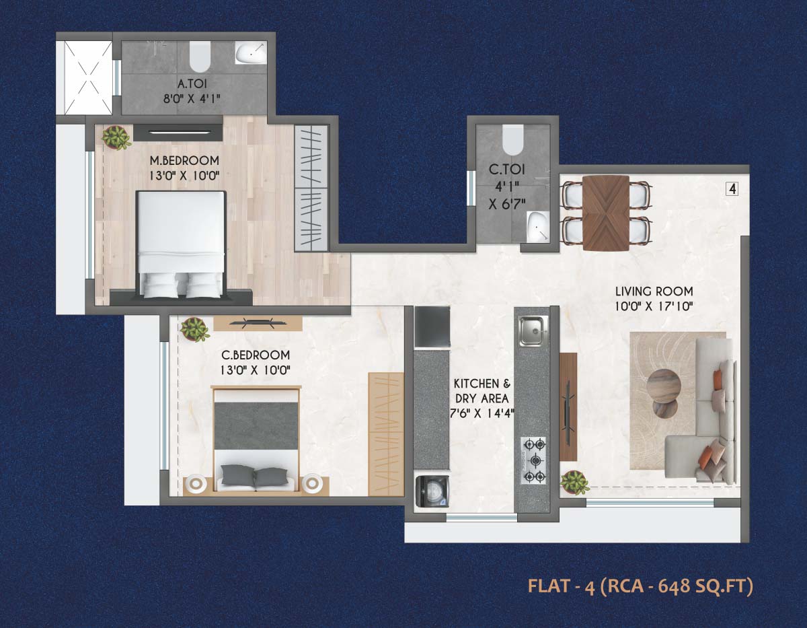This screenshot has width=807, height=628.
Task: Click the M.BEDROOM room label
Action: point(184,160)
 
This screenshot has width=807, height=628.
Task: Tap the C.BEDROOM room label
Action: point(256,355)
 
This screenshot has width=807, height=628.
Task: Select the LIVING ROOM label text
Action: point(654,291)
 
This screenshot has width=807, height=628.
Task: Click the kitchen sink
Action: point(533,330)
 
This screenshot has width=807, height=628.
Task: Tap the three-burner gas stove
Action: point(533,460)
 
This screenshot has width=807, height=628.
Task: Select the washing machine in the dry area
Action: point(430,492)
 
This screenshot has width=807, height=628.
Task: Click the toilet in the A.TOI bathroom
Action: point(200,57)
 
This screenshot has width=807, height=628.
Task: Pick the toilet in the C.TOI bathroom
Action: point(512,139)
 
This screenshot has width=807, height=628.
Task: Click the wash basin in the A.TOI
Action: point(251,53)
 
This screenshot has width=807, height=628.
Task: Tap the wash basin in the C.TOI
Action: point(536,228)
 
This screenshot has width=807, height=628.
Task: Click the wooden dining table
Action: point(606,213)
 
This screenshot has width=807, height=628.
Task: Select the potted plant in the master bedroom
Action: point(116,138)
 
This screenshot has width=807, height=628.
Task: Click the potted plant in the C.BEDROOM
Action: point(194,329)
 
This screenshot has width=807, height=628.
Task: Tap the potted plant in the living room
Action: point(574,482)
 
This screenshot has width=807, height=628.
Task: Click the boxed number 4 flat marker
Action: point(732,189)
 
